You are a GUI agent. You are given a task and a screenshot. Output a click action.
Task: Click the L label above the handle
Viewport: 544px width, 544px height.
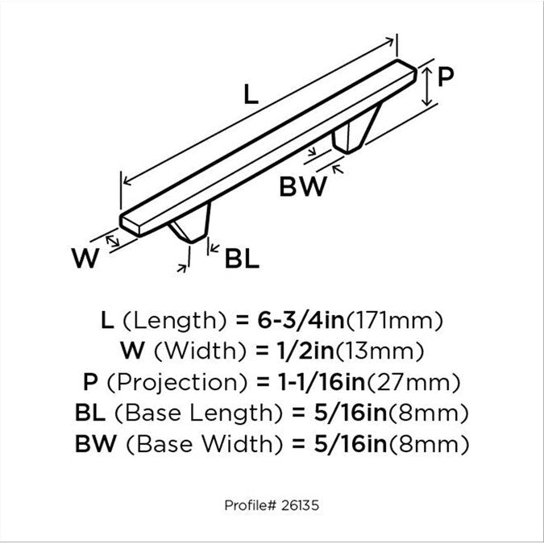click(251, 94)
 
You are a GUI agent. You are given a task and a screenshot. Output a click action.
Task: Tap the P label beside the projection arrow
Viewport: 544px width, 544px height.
click(446, 77)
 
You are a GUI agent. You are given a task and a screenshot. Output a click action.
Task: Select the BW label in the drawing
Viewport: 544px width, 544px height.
click(303, 187)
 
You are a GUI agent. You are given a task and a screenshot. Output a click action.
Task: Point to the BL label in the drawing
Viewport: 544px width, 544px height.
click(242, 259)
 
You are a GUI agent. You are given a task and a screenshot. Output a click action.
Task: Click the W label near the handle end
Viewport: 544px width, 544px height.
click(85, 258)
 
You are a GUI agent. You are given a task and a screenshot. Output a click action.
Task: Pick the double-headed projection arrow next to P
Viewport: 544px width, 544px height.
click(427, 87)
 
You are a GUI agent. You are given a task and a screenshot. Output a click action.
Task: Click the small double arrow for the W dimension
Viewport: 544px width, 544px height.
click(112, 241)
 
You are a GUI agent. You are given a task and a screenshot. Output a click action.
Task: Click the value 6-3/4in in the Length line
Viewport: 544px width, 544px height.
click(301, 320)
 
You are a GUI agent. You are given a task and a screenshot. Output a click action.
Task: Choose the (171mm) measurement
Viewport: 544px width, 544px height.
click(394, 320)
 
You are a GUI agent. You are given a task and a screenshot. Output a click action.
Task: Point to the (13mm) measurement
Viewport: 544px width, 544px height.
click(380, 351)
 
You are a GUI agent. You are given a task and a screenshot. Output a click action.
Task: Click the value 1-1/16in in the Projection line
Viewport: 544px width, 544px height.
click(322, 382)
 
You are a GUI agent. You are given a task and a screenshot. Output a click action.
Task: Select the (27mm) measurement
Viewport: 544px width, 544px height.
click(414, 382)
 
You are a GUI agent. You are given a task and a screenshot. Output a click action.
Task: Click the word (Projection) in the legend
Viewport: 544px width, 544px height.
click(177, 382)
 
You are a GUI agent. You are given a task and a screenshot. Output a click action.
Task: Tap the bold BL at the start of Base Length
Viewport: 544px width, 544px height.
click(90, 413)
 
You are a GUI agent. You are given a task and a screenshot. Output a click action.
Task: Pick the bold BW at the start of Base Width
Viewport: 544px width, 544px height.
click(95, 444)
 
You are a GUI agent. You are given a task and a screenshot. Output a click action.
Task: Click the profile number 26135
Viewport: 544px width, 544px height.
click(300, 505)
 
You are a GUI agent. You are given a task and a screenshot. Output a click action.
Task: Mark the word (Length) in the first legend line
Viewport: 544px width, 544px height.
click(175, 321)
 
